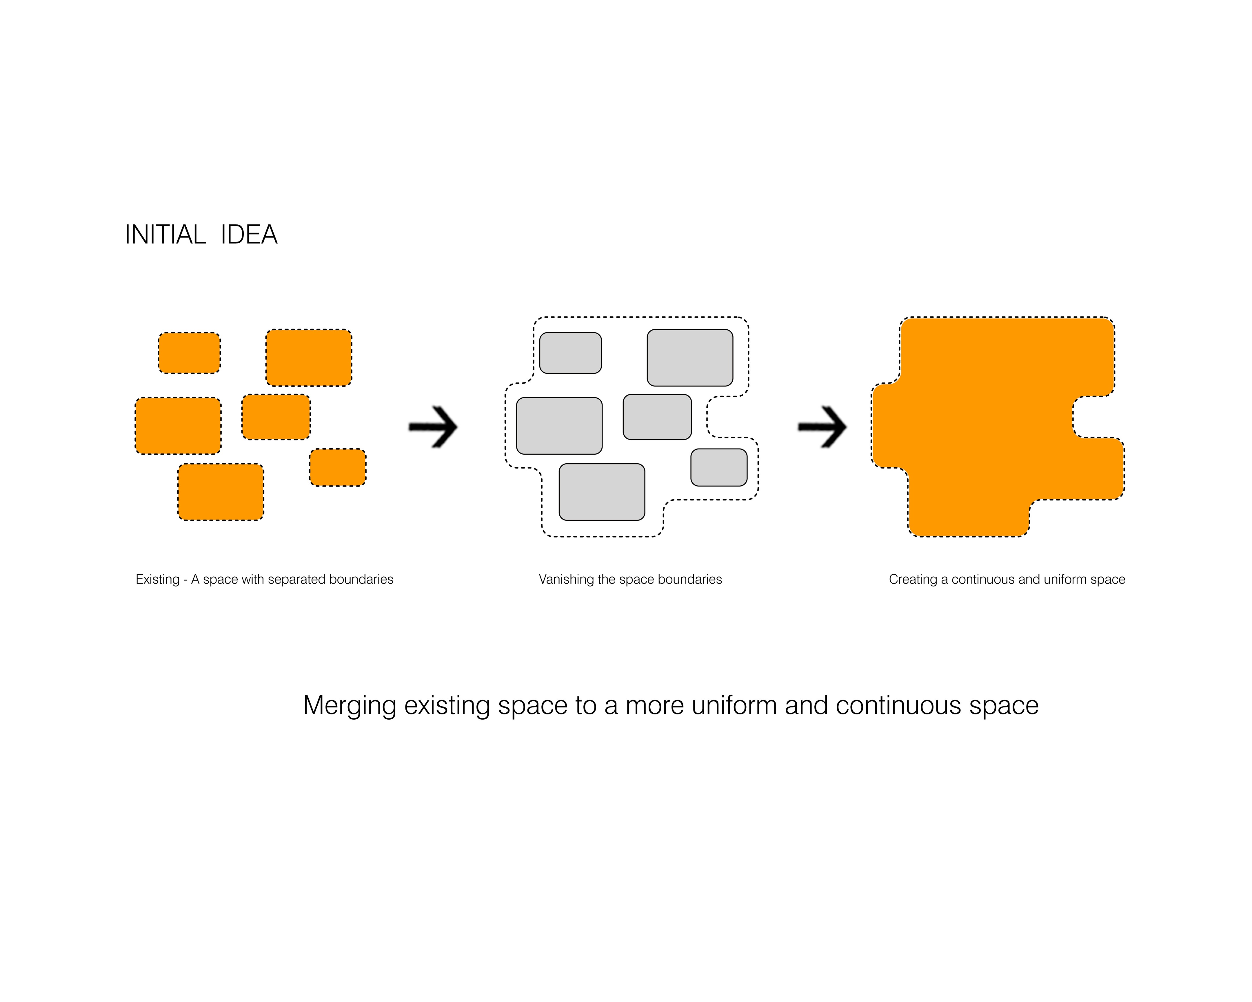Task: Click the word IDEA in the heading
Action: click(249, 235)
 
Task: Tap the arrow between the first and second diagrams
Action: click(433, 427)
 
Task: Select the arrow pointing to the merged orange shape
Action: click(822, 427)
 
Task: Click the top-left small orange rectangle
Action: click(189, 353)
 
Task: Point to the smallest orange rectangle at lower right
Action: click(337, 467)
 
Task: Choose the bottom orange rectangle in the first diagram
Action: click(221, 491)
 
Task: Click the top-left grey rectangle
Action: click(570, 353)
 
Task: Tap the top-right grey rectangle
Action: click(690, 357)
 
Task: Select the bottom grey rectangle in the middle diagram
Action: click(602, 491)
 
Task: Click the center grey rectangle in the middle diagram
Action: click(657, 416)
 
